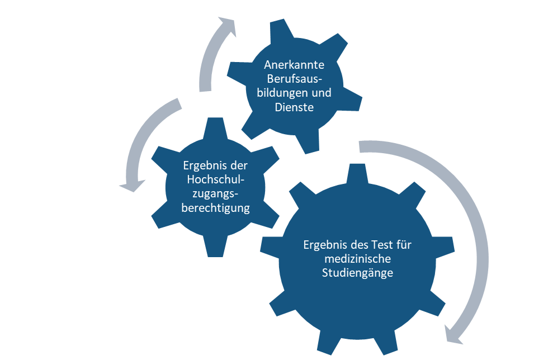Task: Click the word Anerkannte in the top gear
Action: click(294, 65)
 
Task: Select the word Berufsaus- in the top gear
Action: click(295, 79)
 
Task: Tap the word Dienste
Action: click(294, 107)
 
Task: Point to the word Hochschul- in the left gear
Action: click(215, 179)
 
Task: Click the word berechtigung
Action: click(215, 208)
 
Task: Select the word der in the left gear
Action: click(239, 165)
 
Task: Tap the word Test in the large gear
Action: click(381, 245)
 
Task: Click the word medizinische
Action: click(358, 259)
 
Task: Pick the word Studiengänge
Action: click(357, 273)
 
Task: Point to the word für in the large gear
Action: click(404, 245)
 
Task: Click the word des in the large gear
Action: click(359, 245)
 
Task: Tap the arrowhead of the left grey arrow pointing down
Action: click(132, 186)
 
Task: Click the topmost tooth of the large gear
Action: click(357, 174)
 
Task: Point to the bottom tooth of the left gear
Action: click(215, 247)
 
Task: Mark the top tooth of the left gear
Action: click(215, 129)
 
